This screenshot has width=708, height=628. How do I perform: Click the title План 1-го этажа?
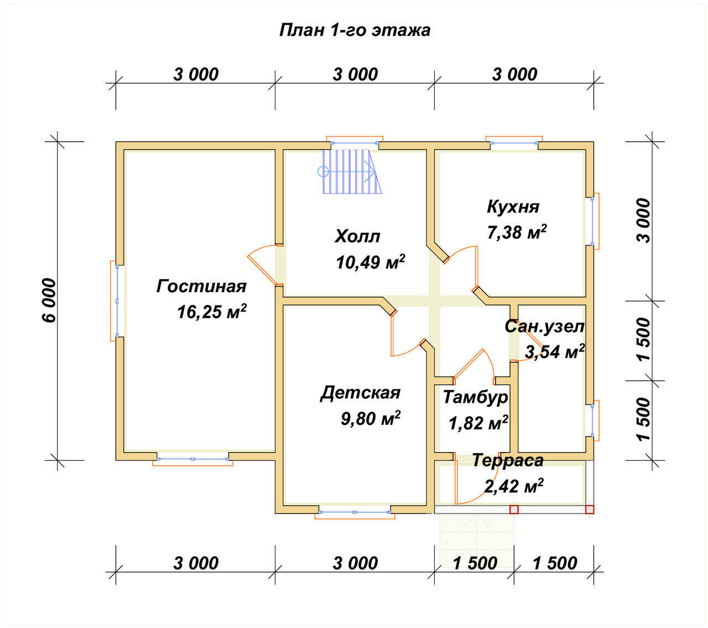point(355,30)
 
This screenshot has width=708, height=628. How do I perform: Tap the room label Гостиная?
point(201,287)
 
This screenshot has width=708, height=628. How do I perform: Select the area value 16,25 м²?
point(212,311)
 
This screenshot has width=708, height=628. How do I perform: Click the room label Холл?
point(357,236)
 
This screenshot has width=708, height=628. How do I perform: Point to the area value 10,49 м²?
point(371,262)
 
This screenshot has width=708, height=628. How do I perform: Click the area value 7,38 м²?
point(517,231)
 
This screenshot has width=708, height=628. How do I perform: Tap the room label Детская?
point(360,393)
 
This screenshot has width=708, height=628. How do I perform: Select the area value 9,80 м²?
point(371,418)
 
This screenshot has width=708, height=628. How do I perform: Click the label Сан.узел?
point(544,327)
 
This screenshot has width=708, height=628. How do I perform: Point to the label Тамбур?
point(476,398)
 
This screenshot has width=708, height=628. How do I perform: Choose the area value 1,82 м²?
point(478,423)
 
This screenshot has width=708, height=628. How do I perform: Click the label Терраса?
point(508,460)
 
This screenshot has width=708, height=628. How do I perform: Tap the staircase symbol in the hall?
point(350,172)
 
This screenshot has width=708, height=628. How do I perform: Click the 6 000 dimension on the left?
point(49,300)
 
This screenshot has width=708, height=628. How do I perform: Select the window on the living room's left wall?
point(115,300)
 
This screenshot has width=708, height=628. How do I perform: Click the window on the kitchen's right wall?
point(594,221)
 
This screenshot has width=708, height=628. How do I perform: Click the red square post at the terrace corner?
point(590,510)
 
